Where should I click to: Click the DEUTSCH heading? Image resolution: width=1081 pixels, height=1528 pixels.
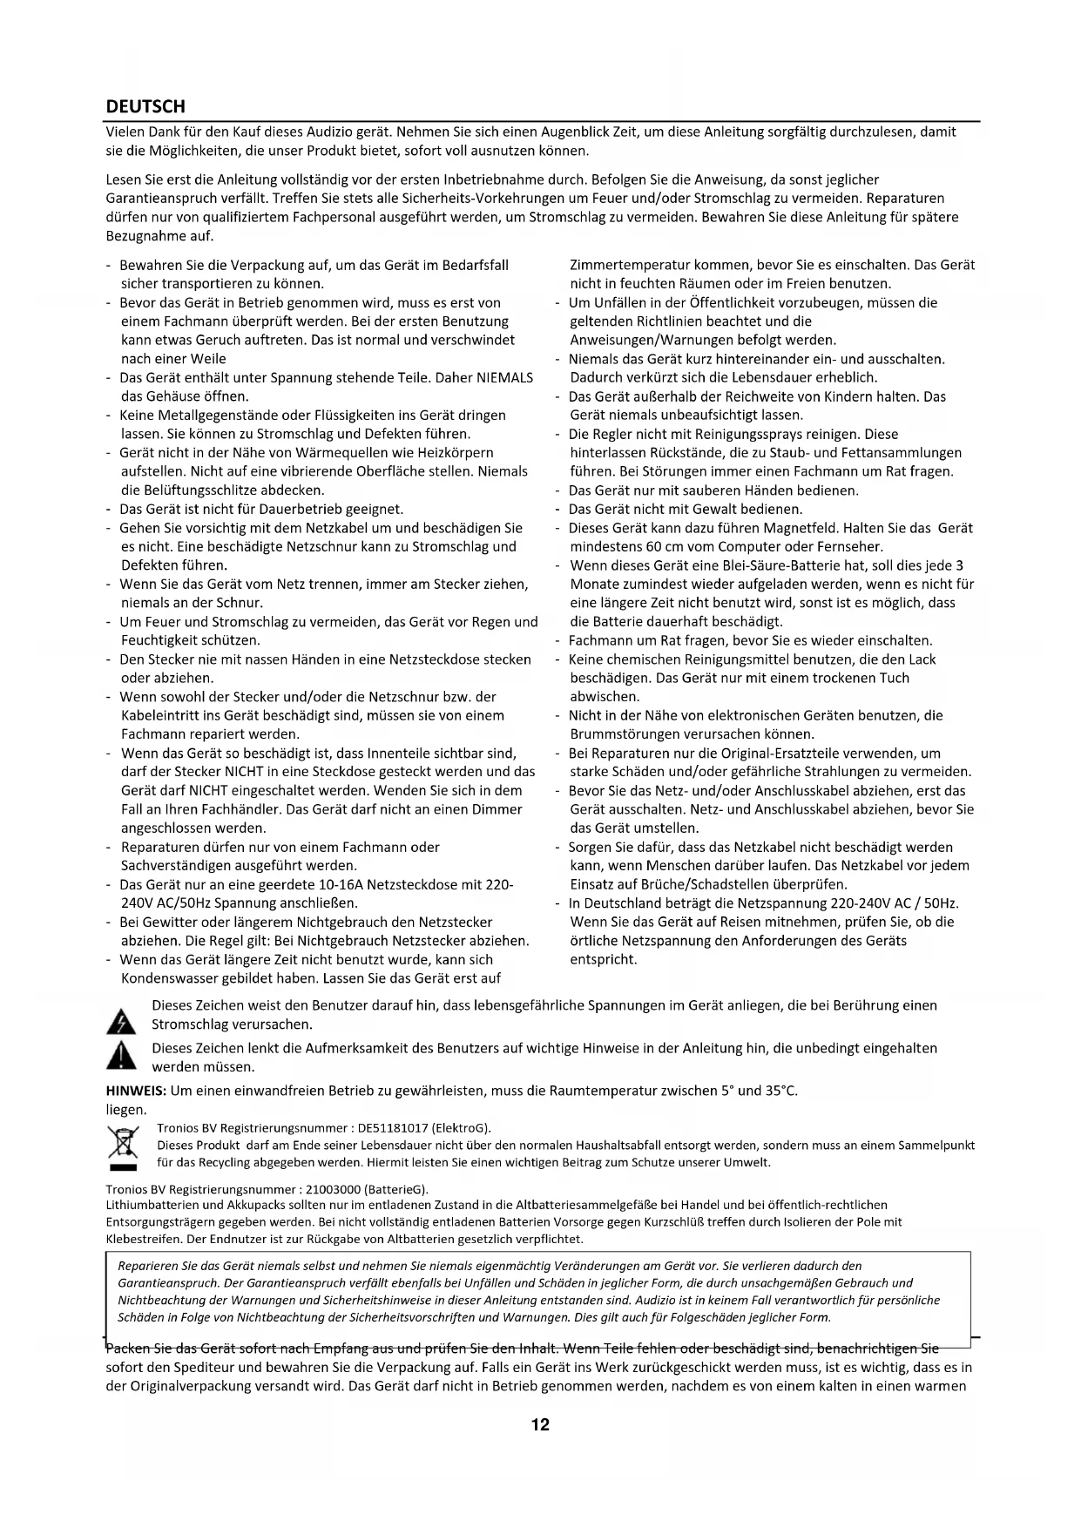[145, 106]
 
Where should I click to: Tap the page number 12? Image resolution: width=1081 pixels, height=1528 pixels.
[540, 1425]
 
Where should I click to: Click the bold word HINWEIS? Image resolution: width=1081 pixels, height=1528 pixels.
[136, 1091]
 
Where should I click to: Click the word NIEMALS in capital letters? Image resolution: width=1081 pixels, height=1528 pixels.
[505, 378]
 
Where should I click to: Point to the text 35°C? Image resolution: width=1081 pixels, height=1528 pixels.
[781, 1091]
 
